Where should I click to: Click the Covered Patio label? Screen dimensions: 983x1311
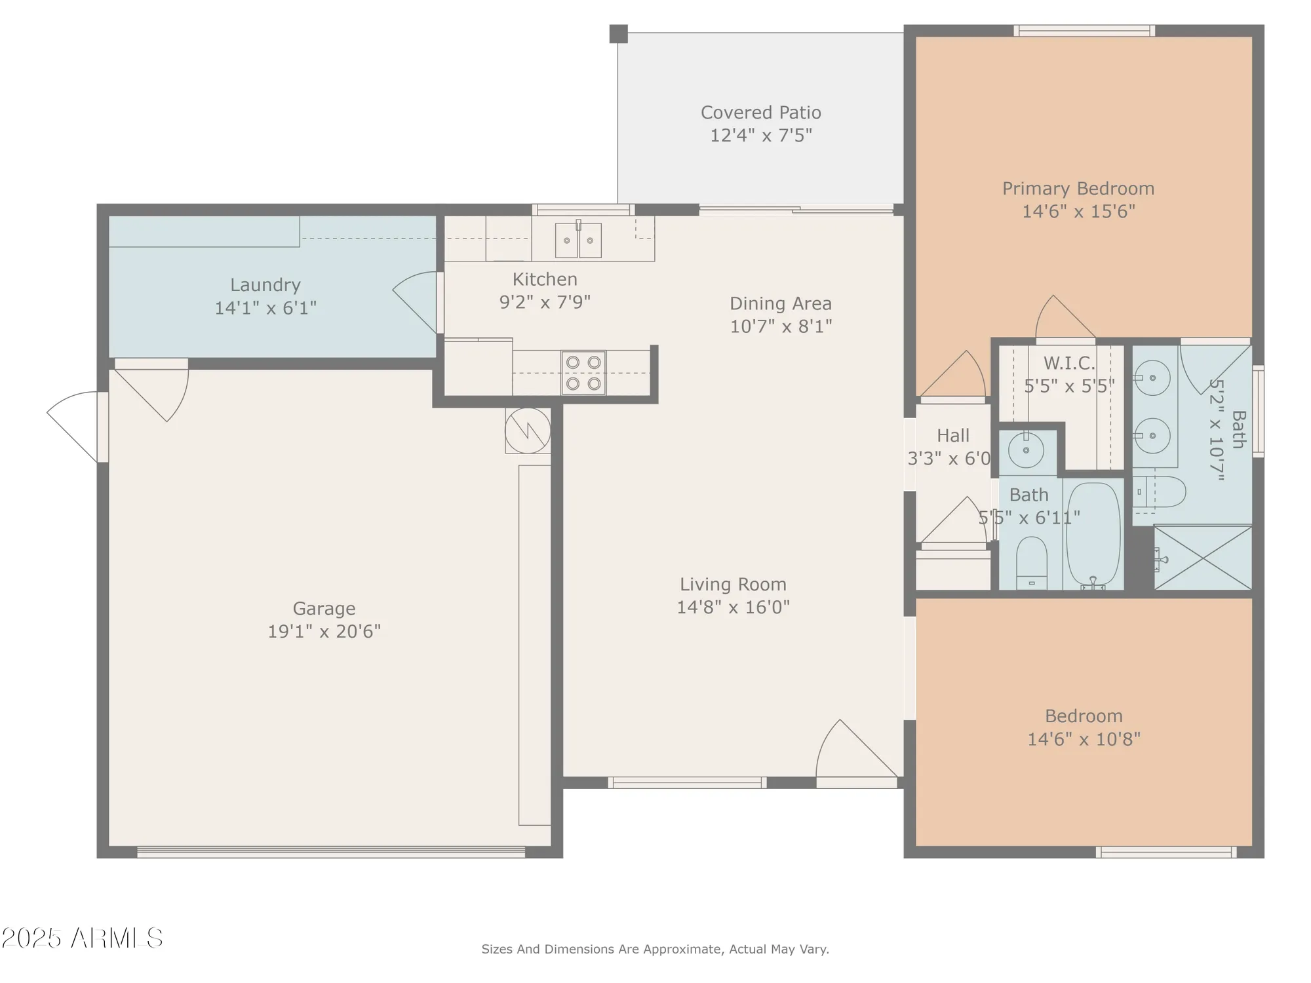[760, 113]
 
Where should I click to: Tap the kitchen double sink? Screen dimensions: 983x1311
[578, 240]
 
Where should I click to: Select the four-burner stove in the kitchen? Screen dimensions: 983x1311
[583, 373]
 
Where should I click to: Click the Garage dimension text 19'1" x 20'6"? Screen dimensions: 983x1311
[324, 631]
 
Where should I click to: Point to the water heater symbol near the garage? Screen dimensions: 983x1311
[528, 431]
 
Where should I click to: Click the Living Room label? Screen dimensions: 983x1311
[732, 584]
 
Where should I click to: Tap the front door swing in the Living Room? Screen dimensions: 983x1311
[852, 750]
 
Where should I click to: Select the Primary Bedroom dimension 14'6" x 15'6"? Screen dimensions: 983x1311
[1078, 211]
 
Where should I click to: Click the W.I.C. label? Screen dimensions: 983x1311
[1068, 363]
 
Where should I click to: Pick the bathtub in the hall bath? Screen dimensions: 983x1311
[1093, 534]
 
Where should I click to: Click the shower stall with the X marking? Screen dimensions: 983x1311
[1202, 557]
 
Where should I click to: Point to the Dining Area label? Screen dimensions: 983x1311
[780, 303]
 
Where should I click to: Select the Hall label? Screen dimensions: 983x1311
[952, 435]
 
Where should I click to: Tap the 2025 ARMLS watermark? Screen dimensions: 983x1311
[81, 938]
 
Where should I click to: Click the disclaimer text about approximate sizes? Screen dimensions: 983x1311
[655, 949]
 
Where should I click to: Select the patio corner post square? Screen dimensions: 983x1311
[618, 34]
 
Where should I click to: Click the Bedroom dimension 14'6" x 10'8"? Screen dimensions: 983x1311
[1083, 739]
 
